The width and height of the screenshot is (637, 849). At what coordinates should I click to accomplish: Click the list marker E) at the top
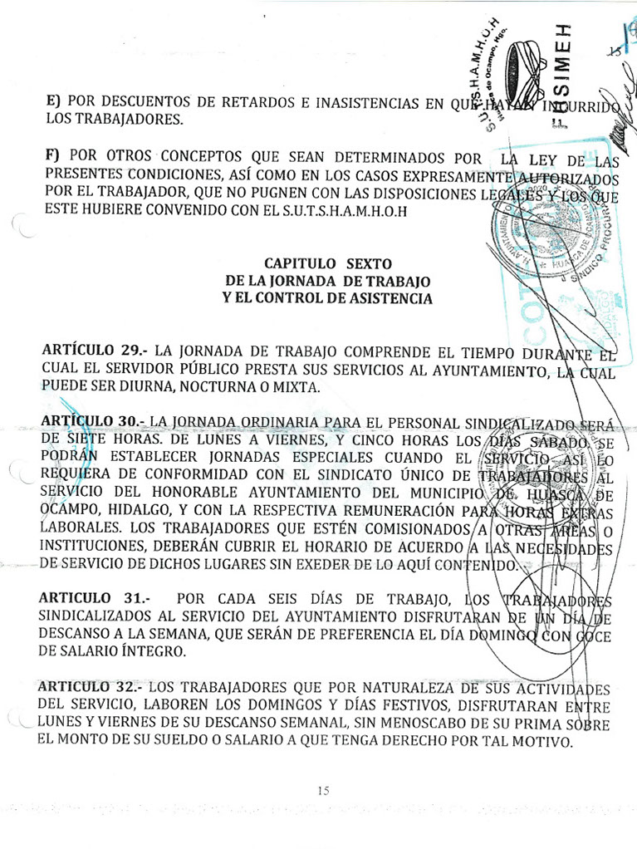click(54, 101)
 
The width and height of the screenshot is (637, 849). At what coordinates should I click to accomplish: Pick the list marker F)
click(55, 156)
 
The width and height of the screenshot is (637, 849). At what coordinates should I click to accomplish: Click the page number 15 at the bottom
click(324, 790)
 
